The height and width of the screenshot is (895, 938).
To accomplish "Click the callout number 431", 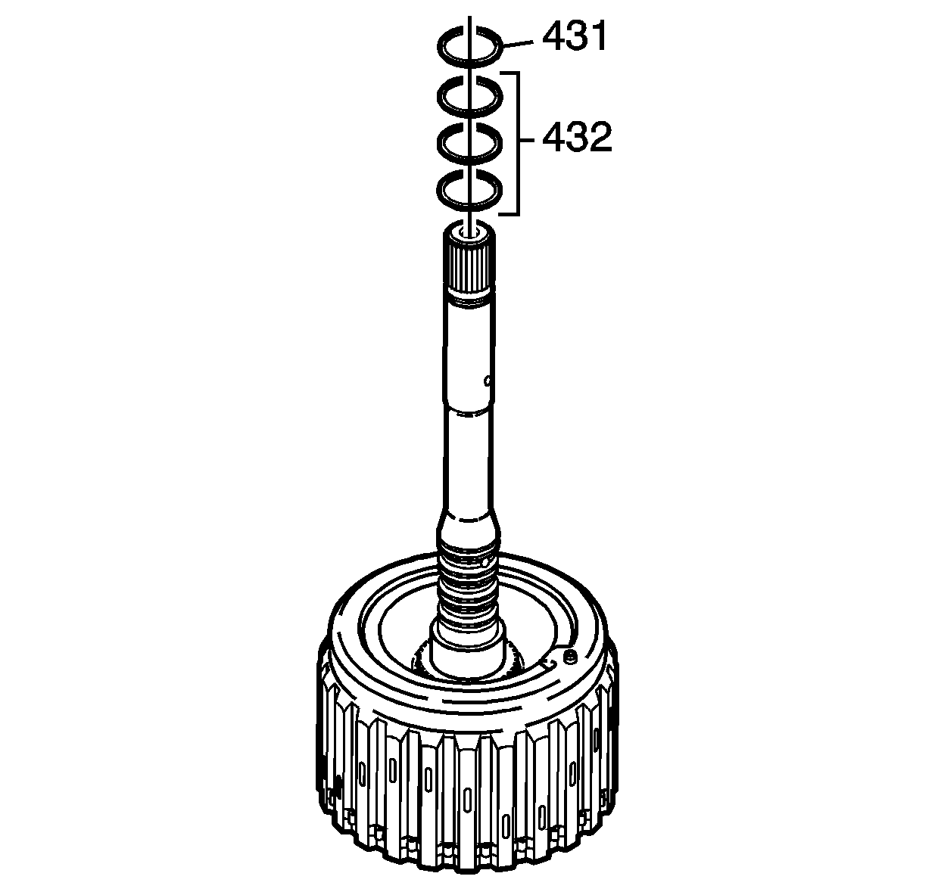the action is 574,37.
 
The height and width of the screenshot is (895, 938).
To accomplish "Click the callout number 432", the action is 576,137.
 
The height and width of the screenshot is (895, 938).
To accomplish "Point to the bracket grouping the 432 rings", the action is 518,143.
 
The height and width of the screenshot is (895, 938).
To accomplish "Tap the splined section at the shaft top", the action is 469,270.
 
